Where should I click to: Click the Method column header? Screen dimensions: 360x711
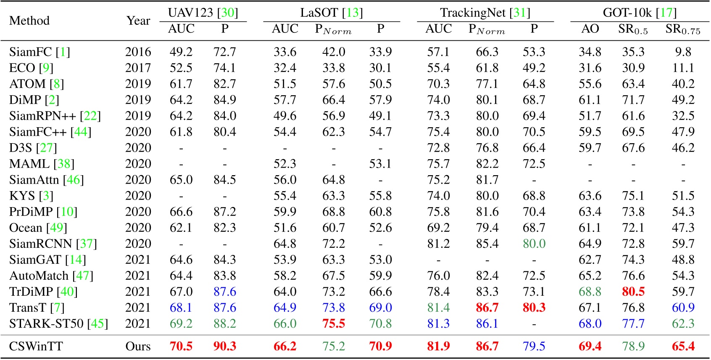(29, 21)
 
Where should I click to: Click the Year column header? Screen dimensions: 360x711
(138, 21)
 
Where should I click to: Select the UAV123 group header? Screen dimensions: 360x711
(203, 13)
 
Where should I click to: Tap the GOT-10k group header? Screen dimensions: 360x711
(640, 13)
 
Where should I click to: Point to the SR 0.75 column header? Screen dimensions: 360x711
(683, 29)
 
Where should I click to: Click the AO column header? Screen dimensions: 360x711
(590, 29)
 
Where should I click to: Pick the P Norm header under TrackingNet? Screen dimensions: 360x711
(487, 29)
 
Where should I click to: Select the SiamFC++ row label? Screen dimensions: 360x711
(50, 132)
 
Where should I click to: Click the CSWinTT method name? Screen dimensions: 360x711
(36, 346)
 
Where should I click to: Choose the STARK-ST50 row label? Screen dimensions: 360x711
(58, 323)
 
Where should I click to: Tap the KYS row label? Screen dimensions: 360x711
(31, 196)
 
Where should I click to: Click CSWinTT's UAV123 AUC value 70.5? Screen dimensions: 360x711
(181, 346)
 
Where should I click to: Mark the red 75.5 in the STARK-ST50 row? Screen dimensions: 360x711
(334, 323)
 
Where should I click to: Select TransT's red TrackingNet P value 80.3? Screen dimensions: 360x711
(534, 307)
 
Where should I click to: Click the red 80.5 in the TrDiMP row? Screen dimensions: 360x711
(633, 292)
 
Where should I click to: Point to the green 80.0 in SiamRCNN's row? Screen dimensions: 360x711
(534, 244)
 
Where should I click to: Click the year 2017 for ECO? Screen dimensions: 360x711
(138, 68)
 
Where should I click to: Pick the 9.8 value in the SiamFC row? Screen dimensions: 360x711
(683, 52)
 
